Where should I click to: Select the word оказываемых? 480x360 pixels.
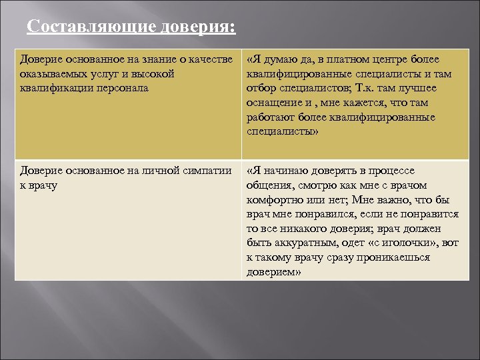click(53, 74)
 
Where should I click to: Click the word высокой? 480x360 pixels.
click(154, 74)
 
